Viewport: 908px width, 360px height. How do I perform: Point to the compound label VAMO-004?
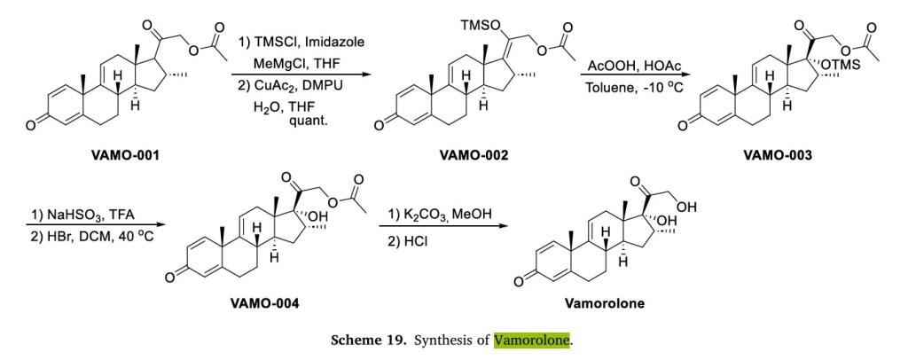click(263, 303)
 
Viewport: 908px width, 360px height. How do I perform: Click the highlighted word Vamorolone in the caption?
click(532, 340)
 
